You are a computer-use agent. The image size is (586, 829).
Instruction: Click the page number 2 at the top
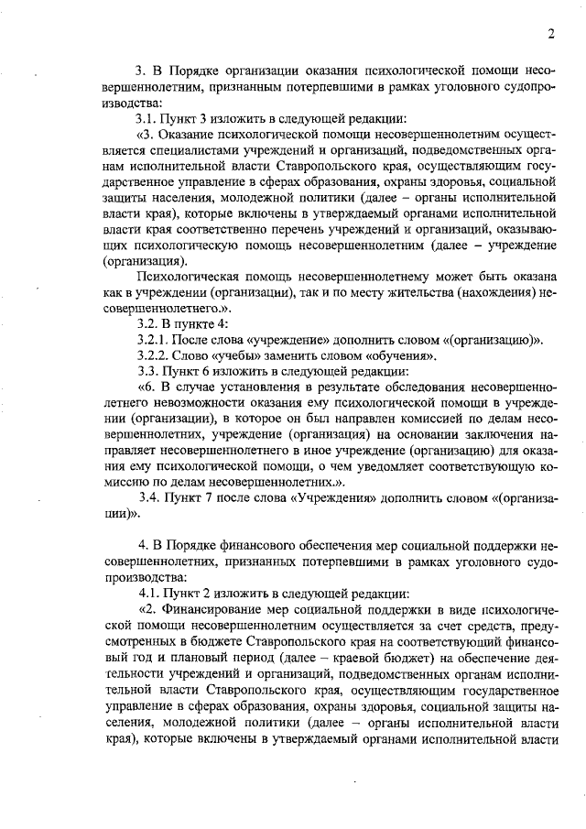point(551,34)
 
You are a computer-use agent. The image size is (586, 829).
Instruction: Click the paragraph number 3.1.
point(148,118)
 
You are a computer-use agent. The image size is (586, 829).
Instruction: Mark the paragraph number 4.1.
point(148,593)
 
